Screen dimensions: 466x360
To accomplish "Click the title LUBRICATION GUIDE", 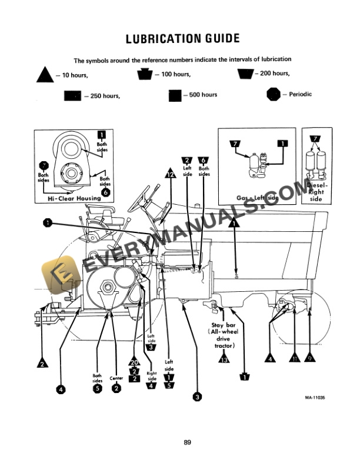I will (x=183, y=39).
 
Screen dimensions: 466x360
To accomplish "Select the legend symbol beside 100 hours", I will (x=144, y=74).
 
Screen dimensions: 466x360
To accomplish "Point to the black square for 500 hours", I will (x=175, y=95).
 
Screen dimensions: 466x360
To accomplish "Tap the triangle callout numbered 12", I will (x=170, y=174).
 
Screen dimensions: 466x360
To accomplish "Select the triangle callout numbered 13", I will (x=224, y=360).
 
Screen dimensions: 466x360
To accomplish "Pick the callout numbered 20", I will (x=134, y=363).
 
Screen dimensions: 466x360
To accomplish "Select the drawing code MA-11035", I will (x=315, y=398).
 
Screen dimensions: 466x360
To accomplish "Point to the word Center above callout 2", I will (x=116, y=378).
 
